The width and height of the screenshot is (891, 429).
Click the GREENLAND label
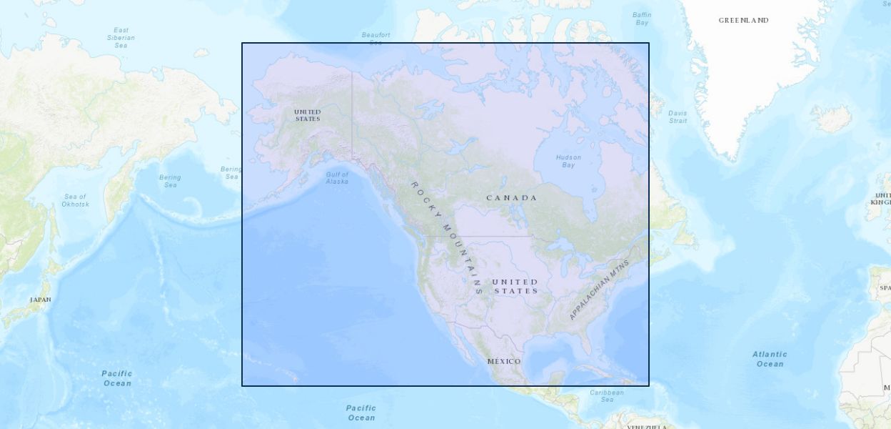[x=743, y=21]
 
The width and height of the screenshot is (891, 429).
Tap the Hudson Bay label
[x=568, y=161]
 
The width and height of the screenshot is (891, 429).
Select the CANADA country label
[x=511, y=197]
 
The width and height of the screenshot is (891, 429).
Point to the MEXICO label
[x=504, y=361]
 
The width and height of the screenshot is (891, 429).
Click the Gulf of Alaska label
[x=337, y=178]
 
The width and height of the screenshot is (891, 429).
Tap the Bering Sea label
[x=170, y=181]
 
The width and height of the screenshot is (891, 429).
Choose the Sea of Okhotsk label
[x=75, y=200]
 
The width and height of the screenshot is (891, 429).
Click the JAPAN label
[x=41, y=300]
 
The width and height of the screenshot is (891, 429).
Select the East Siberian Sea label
[x=121, y=37]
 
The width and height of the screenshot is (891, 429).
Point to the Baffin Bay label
[x=642, y=19]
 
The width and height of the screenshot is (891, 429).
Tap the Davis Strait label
[x=678, y=117]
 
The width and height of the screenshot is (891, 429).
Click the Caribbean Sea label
[x=607, y=395]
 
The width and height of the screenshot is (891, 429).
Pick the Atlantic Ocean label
[x=770, y=359]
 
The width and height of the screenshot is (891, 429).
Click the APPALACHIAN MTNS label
[x=599, y=290]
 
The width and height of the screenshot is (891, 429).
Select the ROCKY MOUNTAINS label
[x=446, y=237]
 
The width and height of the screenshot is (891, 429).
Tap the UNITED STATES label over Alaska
[x=308, y=115]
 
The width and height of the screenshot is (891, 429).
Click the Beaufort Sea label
[x=376, y=37]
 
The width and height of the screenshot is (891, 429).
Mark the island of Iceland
[x=832, y=118]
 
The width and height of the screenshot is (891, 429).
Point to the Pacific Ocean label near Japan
[x=117, y=378]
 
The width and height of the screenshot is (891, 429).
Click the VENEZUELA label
[x=647, y=427]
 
